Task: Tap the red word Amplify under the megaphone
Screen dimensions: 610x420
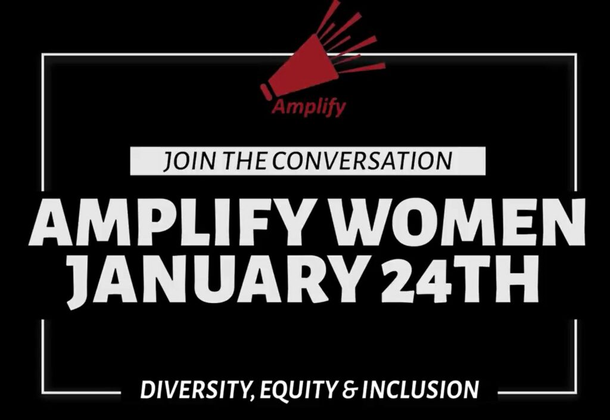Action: (x=309, y=107)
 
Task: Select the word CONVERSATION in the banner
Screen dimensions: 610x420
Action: (x=362, y=161)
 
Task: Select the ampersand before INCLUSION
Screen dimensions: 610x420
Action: (x=350, y=390)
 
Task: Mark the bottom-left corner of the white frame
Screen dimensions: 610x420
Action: (x=42, y=393)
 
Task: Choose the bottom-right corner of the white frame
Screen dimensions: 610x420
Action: (x=576, y=393)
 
